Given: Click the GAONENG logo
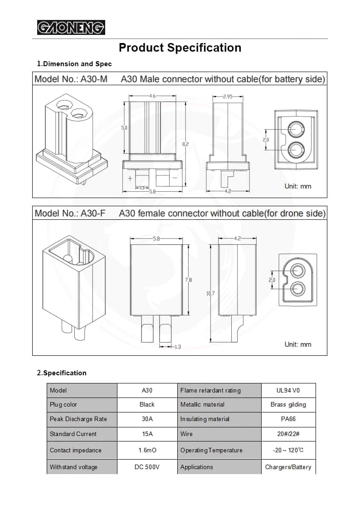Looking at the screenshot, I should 71,28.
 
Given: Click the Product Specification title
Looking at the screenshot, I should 180,48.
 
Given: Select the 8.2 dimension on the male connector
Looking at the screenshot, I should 185,144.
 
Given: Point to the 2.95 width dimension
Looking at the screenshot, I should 228,97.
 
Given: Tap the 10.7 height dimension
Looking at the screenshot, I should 210,294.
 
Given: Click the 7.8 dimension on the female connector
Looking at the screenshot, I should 189,280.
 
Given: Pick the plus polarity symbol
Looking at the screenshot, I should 130,179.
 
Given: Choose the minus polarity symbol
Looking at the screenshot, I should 175,178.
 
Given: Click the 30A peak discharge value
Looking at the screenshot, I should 147,419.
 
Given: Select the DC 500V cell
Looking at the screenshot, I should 147,467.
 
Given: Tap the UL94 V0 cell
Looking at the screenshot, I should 288,390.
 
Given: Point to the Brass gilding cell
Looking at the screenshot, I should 288,405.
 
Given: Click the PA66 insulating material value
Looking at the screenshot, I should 288,419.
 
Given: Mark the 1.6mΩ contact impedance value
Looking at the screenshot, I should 147,451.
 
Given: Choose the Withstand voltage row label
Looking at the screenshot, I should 73,467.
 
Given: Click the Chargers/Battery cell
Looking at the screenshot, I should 288,467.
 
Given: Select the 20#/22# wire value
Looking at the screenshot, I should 288,434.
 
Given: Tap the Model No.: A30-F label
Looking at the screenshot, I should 70,213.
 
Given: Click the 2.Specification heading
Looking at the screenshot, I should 62,373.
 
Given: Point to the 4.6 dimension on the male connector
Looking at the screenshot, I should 152,96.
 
